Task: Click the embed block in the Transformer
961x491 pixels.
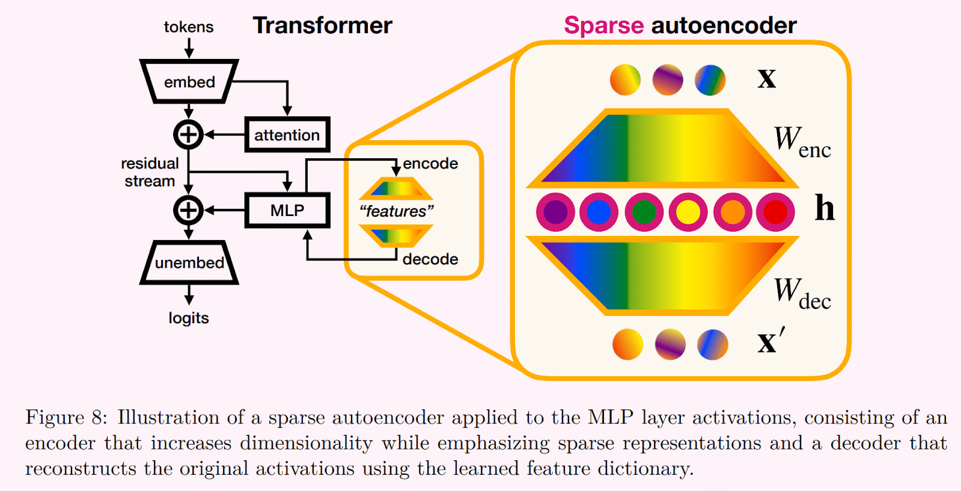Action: pos(189,82)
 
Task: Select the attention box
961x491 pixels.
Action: pos(287,135)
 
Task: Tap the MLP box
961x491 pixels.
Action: pos(287,211)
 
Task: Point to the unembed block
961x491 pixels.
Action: pos(189,263)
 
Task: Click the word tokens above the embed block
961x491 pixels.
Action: pos(189,27)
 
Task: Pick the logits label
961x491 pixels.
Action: pos(189,318)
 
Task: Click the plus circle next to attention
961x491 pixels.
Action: pos(189,135)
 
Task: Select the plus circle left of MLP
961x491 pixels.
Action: pos(189,211)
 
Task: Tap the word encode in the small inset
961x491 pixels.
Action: pos(430,164)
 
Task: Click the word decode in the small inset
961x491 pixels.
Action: pos(430,259)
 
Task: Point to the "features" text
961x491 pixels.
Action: pos(397,211)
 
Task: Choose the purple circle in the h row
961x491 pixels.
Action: pos(555,212)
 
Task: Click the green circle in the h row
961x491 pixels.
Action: pos(644,212)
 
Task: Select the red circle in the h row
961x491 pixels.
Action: pos(775,212)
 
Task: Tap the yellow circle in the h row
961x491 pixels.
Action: pos(688,212)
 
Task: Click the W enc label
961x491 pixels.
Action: pos(802,142)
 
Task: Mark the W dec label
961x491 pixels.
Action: pos(802,294)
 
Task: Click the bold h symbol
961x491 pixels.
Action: pos(825,208)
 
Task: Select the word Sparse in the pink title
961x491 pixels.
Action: pos(603,26)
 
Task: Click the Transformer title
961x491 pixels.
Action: pos(322,26)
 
